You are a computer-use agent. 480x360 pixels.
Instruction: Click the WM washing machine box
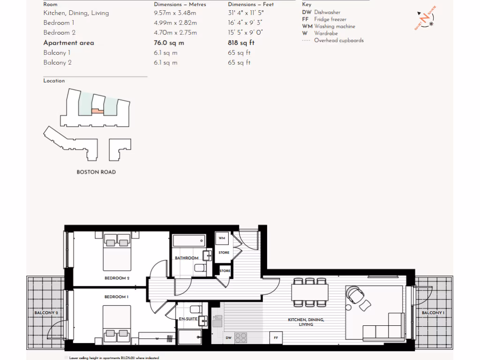click(222, 238)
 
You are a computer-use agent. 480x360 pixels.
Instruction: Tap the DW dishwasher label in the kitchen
click(229, 337)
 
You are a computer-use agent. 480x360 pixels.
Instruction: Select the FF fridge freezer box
click(276, 337)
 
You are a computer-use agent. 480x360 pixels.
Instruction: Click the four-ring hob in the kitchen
click(241, 337)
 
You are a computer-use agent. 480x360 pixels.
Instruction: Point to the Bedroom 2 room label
click(117, 278)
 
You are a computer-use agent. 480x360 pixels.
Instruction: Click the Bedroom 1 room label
click(116, 297)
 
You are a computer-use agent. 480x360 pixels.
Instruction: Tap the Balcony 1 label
click(433, 313)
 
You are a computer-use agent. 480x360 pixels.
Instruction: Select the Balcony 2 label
click(46, 313)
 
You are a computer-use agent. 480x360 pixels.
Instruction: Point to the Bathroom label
click(187, 258)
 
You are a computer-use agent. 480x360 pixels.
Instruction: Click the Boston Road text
click(96, 172)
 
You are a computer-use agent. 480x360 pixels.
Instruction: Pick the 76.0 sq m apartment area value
click(169, 43)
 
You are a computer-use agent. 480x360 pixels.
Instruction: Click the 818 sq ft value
click(241, 43)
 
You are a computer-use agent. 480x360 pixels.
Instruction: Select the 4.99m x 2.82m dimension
click(175, 22)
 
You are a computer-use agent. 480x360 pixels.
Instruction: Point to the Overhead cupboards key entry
click(338, 40)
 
